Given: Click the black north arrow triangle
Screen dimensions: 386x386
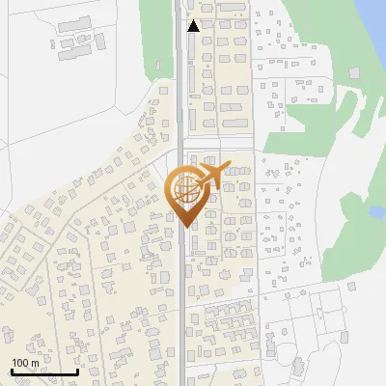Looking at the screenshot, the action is (193, 26).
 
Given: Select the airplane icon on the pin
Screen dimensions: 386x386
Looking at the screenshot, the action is (212, 176).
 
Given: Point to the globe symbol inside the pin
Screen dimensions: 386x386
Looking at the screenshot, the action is (184, 188).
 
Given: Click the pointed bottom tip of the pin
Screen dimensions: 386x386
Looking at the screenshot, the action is (184, 226).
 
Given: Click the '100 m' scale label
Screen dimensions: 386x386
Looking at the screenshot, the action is (25, 363).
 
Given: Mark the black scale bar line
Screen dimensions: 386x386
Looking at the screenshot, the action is (44, 372).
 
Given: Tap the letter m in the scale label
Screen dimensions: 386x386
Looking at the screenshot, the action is (35, 363).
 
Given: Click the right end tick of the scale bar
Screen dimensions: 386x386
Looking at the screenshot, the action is (78, 370).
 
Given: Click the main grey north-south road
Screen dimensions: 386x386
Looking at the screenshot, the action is (180, 289).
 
